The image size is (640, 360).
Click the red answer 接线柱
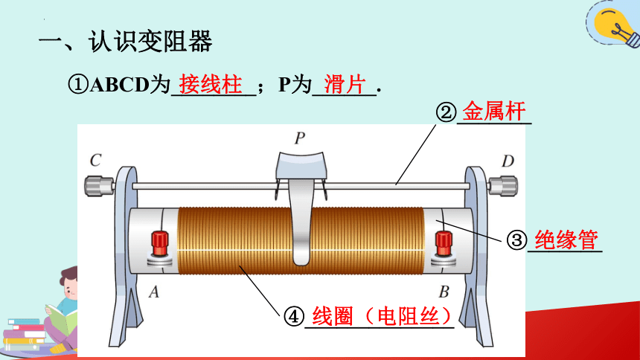[x=211, y=85]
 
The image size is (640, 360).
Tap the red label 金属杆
[x=494, y=111]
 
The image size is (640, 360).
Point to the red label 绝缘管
[x=566, y=240]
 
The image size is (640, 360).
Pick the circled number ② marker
[x=446, y=112]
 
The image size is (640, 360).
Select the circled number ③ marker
[x=517, y=240]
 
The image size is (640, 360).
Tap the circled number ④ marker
[x=294, y=316]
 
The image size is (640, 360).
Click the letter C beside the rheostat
[x=95, y=160]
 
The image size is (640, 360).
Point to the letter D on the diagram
[x=508, y=161]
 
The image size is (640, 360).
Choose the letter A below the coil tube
[x=154, y=292]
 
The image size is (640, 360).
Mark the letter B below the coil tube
[x=444, y=292]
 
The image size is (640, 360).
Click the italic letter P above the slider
[x=300, y=138]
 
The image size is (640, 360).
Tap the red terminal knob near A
[x=159, y=243]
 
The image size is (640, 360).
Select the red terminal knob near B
[x=444, y=244]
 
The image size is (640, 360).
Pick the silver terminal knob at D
[x=503, y=186]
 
